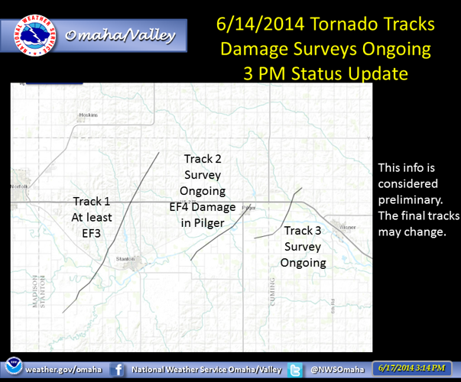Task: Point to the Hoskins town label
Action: pos(89,115)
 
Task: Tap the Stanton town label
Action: pos(125,260)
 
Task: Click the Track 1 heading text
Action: pos(91,201)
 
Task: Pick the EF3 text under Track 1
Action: pos(91,233)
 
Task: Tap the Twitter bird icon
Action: pos(294,369)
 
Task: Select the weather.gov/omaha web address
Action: pos(63,370)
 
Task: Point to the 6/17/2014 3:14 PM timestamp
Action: pos(413,369)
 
